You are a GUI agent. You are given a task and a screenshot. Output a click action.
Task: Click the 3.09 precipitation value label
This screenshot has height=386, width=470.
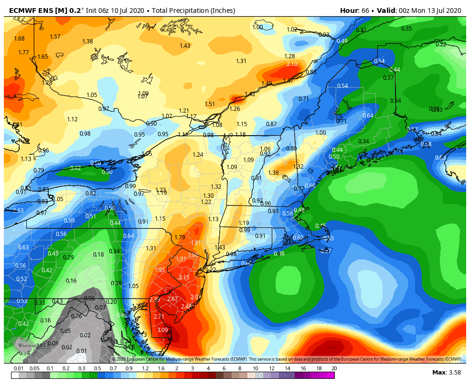(x=163, y=330)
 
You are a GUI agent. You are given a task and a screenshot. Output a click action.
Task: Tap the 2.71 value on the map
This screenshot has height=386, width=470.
(x=159, y=316)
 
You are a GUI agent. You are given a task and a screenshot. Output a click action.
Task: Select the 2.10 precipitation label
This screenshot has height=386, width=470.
(x=292, y=64)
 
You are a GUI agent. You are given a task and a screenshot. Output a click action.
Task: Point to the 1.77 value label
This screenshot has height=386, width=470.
(x=24, y=53)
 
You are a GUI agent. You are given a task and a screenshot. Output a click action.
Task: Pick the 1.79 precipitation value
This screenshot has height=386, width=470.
(x=180, y=237)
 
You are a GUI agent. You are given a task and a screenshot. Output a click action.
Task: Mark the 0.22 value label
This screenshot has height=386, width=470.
(x=441, y=44)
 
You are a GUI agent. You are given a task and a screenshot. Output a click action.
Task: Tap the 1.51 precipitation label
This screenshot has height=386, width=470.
(x=210, y=104)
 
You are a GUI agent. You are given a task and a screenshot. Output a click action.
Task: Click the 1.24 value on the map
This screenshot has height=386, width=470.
(x=198, y=154)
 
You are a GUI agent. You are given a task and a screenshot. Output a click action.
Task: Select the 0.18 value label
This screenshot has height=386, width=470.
(x=98, y=255)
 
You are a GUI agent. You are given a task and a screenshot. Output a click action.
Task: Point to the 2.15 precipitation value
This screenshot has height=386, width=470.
(x=184, y=278)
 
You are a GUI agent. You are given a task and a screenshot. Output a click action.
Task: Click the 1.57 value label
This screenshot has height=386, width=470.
(x=55, y=37)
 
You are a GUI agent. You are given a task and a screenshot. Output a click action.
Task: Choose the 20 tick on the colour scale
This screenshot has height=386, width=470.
(x=334, y=368)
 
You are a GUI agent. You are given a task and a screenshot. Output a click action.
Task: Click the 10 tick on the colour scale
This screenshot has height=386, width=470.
(x=256, y=368)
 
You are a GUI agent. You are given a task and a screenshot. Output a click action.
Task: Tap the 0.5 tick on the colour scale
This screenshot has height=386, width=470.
(x=97, y=368)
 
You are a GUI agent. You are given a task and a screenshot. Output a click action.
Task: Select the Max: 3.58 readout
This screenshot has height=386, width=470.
(x=446, y=372)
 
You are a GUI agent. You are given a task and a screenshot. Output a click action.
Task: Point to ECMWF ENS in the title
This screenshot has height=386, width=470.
(x=23, y=11)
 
